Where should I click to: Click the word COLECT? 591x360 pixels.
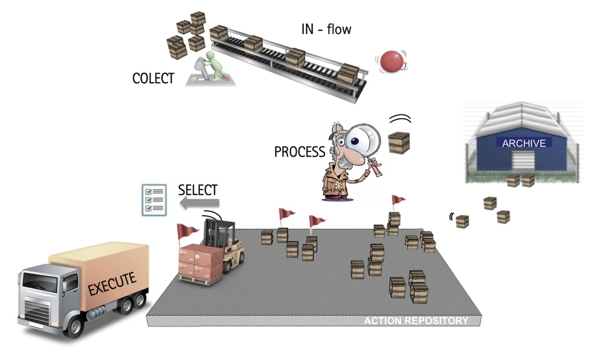point(153,79)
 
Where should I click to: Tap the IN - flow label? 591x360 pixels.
point(326,28)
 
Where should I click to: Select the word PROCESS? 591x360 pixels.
point(300,152)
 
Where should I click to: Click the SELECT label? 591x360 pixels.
point(198,190)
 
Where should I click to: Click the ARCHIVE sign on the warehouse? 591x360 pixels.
point(524,143)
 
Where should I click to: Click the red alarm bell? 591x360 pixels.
point(391,61)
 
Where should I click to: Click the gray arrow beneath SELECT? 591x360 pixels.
point(199,203)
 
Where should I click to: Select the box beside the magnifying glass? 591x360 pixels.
point(399,143)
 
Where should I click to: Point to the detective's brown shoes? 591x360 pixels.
point(337,196)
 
